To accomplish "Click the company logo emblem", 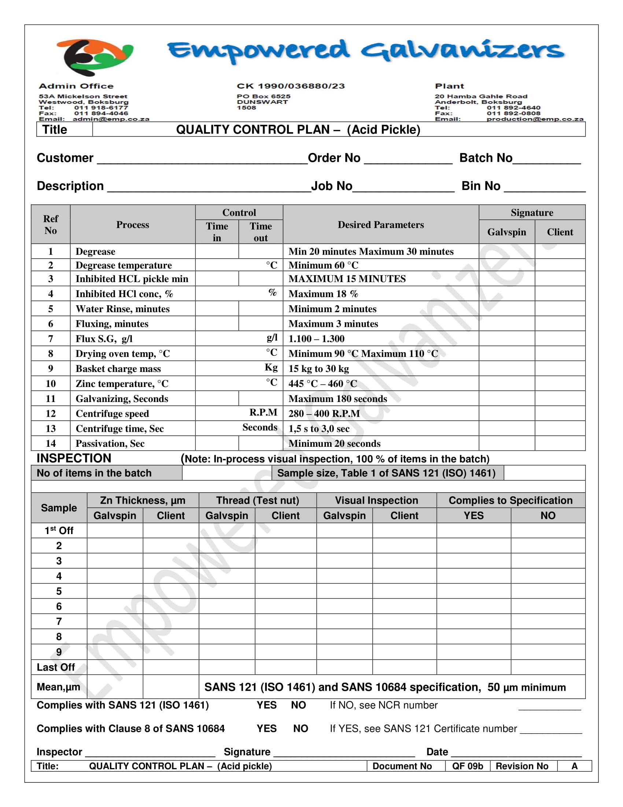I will [94, 56].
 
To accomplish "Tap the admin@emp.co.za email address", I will [111, 119].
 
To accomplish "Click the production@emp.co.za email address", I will [534, 119].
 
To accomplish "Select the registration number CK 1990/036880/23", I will [291, 86].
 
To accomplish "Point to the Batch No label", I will [485, 158].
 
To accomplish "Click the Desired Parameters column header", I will [380, 224].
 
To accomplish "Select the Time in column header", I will [217, 232].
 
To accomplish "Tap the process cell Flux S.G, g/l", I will [104, 339].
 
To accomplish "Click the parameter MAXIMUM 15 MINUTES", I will [347, 279].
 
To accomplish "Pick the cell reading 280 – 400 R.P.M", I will [324, 413].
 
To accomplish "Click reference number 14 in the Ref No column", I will [51, 443].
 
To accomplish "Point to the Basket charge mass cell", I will [118, 368].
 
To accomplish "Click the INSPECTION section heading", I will [74, 458].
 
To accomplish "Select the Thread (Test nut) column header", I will [257, 500].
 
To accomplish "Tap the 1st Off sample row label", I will [59, 531].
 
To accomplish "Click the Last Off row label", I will [56, 667].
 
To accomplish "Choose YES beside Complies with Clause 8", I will [266, 728].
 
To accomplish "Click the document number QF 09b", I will [467, 766].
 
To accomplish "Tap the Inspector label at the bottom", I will [59, 752].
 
